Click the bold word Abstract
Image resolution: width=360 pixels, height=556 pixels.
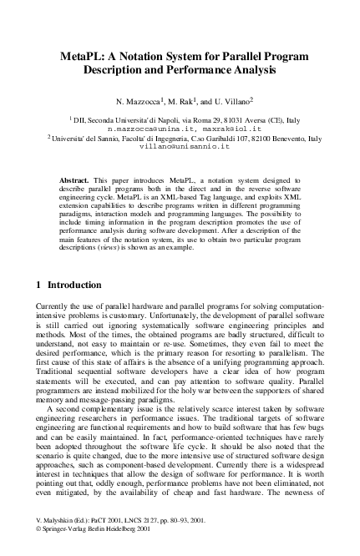click(x=77, y=179)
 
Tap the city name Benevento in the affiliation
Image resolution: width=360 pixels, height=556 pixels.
click(x=281, y=138)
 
